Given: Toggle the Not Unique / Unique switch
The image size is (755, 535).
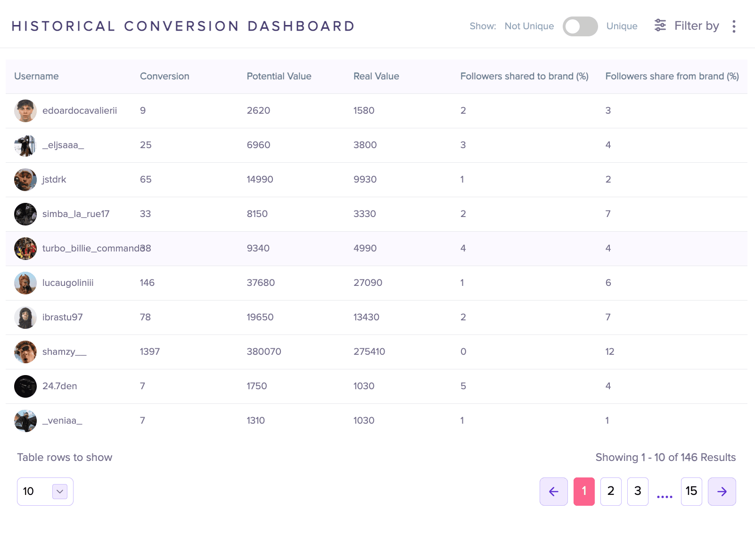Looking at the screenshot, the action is (580, 26).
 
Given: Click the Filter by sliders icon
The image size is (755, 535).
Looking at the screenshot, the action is (660, 25).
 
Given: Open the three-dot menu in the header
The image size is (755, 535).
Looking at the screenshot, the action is (734, 26).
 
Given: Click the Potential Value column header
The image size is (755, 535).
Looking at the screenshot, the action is (279, 76).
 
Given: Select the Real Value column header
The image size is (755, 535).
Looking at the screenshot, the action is (376, 76).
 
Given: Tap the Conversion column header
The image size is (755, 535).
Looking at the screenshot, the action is (164, 76).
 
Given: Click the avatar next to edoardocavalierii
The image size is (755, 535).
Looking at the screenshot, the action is (25, 111).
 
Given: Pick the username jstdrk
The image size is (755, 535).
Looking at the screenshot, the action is (54, 179).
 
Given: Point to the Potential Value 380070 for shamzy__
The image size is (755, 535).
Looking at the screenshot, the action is (264, 351).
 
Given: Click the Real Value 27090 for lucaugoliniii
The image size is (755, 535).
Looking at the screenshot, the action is (368, 283).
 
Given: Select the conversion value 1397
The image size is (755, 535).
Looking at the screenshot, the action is (150, 351).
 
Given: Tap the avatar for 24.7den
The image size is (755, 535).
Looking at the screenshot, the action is (25, 386).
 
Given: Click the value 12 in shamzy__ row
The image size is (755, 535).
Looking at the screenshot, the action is (610, 351).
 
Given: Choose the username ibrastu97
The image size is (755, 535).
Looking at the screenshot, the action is (62, 317).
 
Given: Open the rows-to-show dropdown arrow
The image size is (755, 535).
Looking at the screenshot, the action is (60, 492).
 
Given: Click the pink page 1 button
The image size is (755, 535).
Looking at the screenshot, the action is (584, 492).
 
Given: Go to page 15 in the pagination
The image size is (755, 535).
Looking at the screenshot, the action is (691, 492).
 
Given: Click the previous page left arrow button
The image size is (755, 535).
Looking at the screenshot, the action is (554, 492).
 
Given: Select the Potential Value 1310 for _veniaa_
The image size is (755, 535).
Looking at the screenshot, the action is (256, 420).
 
